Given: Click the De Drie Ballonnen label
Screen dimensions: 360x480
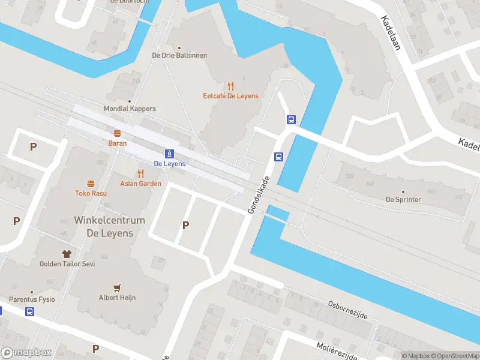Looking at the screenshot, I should click(x=179, y=55).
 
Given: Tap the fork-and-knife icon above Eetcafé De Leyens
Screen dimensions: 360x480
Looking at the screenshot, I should click(x=230, y=86).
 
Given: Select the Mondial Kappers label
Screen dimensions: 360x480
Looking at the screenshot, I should click(x=130, y=109).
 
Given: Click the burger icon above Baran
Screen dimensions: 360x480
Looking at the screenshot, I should click(x=117, y=133).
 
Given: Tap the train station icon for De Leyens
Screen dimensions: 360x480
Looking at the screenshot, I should click(x=170, y=154).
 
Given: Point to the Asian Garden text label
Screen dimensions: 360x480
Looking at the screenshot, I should click(x=140, y=184).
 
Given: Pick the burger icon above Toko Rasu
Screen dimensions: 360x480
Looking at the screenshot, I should click(x=91, y=184).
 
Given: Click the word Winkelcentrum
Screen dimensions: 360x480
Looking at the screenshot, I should click(x=109, y=220).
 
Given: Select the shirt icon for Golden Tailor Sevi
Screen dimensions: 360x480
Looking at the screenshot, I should click(x=67, y=254).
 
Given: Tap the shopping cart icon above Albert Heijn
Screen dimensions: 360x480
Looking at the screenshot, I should click(x=118, y=287).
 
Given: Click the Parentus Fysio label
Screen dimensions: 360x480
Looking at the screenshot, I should click(x=31, y=299).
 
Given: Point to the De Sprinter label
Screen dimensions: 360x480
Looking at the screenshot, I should click(x=403, y=199).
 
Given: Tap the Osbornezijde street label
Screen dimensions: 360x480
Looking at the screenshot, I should click(x=347, y=310).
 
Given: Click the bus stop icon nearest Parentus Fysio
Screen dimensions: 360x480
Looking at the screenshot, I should click(x=29, y=311).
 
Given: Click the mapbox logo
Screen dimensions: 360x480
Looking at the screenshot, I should click(x=26, y=353).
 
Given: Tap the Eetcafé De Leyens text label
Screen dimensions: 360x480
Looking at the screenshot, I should click(x=230, y=96).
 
